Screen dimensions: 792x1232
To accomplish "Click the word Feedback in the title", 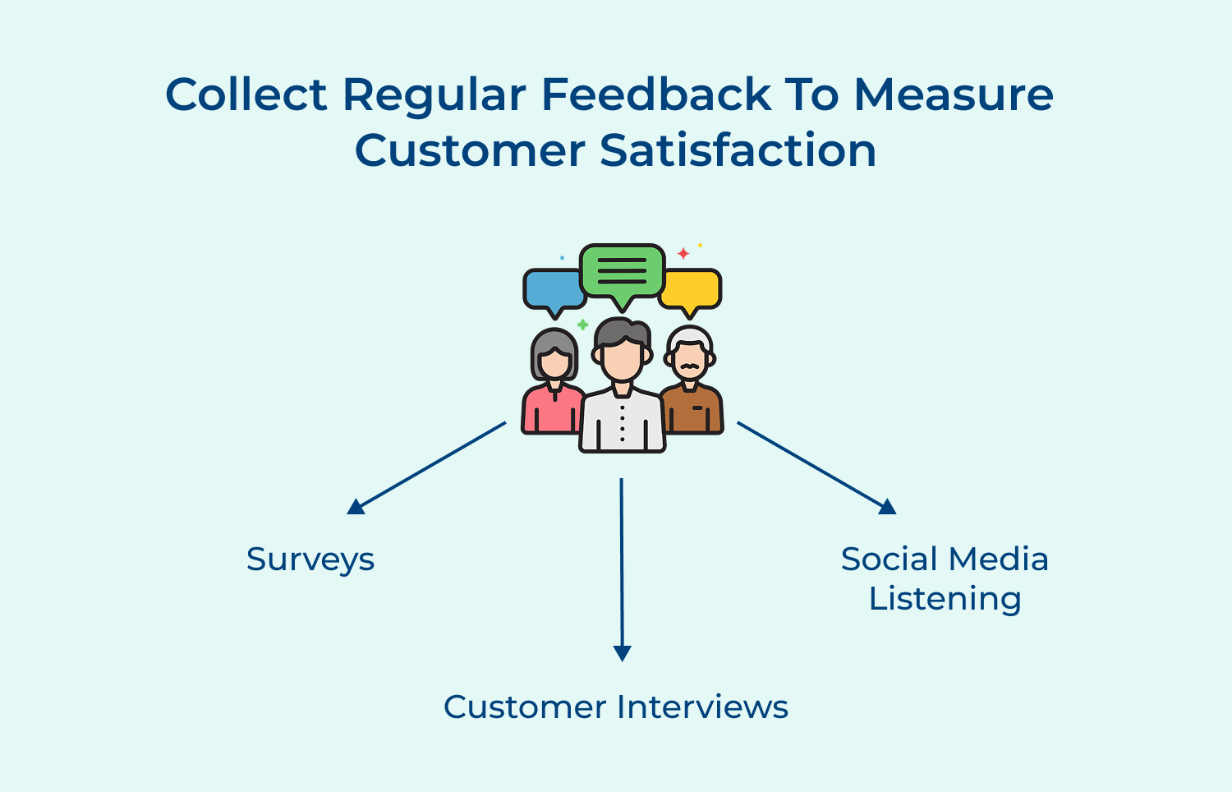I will [x=655, y=94].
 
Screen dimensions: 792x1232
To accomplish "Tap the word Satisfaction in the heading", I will [x=738, y=151].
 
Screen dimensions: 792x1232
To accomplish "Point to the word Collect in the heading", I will [x=246, y=94].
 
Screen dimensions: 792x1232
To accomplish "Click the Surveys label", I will [x=310, y=559].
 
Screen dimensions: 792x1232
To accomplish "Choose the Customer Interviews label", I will [x=616, y=707].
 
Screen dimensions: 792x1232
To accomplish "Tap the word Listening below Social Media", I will [x=945, y=599].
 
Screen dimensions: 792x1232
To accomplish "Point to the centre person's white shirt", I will [x=622, y=423].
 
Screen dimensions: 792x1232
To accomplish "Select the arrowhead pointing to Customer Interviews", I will [x=623, y=653].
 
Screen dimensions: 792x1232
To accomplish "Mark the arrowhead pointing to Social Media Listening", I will [x=888, y=507].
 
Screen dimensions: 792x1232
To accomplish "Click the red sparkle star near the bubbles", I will [x=683, y=253].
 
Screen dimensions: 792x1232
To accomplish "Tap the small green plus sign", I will [x=582, y=325].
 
